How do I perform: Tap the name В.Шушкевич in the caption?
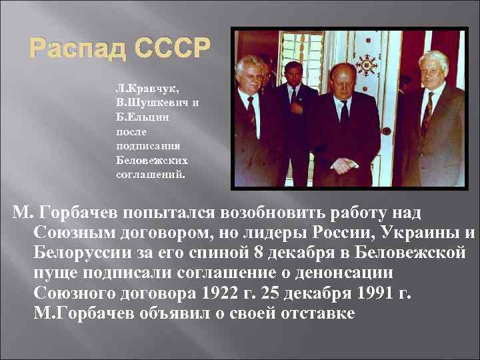click(x=145, y=101)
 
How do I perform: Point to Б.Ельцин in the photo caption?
click(x=138, y=116)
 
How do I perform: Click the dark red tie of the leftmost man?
click(x=251, y=110)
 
